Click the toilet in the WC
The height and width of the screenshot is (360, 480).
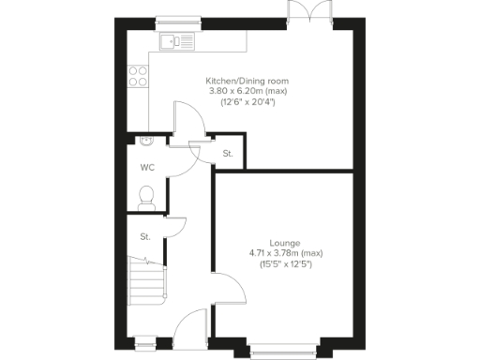click(x=144, y=194)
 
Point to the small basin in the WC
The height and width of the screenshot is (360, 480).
click(x=144, y=142)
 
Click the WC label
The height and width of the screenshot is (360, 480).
click(x=147, y=169)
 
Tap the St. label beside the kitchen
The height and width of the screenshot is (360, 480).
click(x=227, y=154)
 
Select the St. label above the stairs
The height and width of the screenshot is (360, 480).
click(x=145, y=237)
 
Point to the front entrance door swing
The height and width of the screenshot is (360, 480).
click(x=192, y=323)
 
